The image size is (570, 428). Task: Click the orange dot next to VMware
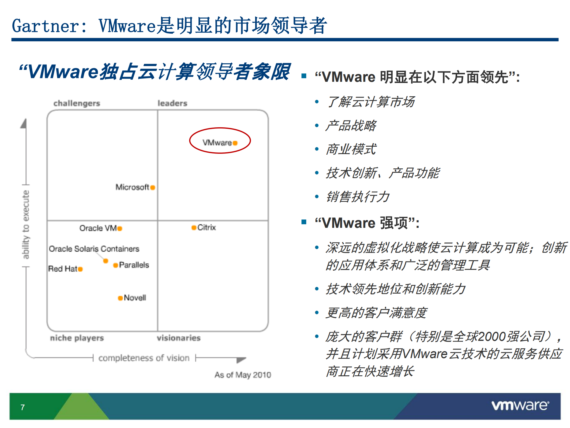(235, 143)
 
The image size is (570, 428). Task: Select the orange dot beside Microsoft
(153, 187)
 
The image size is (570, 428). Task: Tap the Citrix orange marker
(194, 228)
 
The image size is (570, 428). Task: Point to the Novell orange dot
(120, 298)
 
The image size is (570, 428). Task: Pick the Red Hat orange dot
(80, 269)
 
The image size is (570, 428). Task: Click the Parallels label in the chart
(134, 265)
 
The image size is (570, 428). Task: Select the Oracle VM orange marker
(120, 228)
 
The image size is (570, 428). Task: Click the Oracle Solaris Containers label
(94, 249)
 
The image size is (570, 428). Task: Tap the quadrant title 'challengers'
(77, 103)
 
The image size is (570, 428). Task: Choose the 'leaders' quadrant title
(172, 103)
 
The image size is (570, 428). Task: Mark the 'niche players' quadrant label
(77, 338)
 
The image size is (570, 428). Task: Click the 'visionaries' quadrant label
(179, 338)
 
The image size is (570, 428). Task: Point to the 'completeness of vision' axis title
(144, 358)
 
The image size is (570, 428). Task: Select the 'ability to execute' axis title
(26, 225)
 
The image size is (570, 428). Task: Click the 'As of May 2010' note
(243, 375)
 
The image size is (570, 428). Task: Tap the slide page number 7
(23, 407)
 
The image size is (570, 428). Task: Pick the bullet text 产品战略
(351, 126)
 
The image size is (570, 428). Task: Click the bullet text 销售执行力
(358, 197)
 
